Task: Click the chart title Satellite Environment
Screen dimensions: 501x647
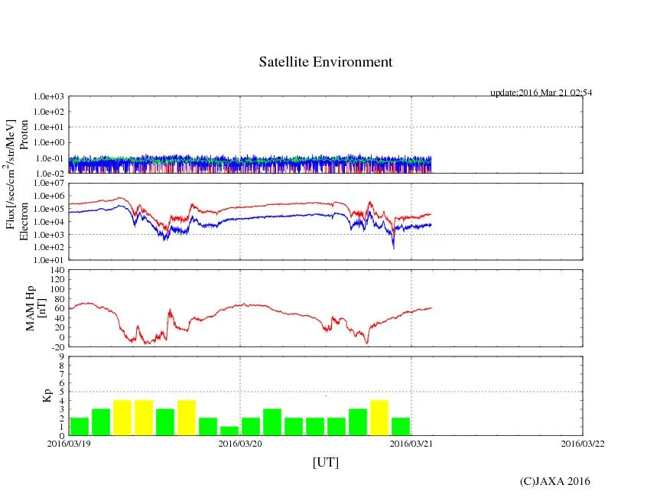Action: [x=325, y=62]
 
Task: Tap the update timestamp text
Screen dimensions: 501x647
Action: [x=541, y=93]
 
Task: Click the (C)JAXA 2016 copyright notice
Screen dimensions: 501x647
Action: [x=554, y=481]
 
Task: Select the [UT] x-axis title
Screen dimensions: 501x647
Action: [x=325, y=462]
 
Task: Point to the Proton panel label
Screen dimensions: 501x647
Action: [x=24, y=135]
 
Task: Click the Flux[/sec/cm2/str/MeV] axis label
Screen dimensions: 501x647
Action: [x=11, y=176]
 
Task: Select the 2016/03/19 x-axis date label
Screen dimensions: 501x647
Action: [x=69, y=443]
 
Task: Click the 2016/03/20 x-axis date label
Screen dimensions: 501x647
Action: [x=240, y=443]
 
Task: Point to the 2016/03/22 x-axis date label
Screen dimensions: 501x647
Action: [x=583, y=443]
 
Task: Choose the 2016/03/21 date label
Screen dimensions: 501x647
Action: [x=411, y=443]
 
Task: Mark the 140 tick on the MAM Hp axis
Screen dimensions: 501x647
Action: [x=56, y=270]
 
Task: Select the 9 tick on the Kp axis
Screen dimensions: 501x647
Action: [x=61, y=356]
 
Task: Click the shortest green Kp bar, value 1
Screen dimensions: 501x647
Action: [x=229, y=431]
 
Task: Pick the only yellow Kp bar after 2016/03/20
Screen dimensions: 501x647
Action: [x=379, y=418]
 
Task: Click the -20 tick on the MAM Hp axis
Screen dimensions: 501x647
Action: [x=56, y=346]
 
